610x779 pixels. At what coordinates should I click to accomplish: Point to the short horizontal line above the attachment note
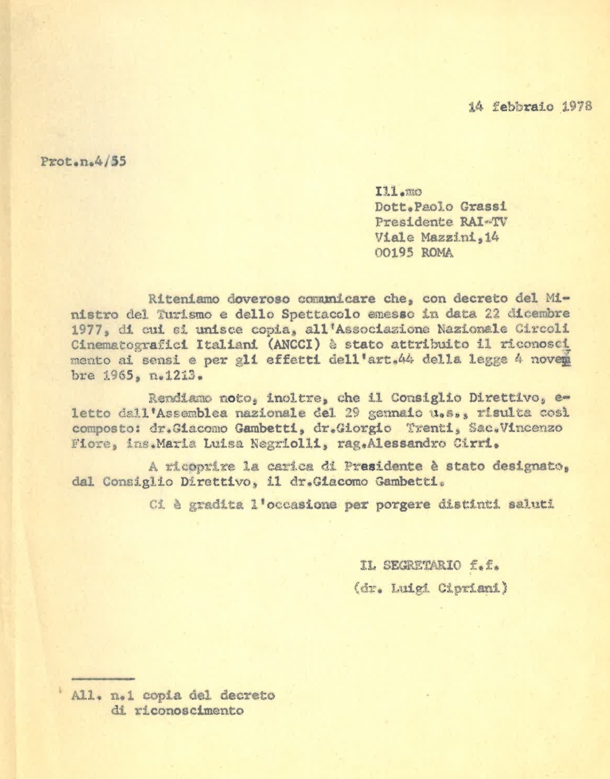click(103, 679)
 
